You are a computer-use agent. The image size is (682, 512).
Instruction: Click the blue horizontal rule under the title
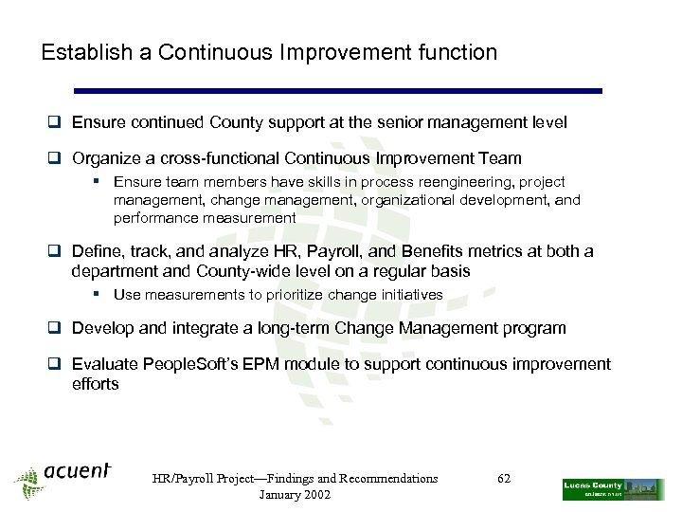pyautogui.click(x=337, y=91)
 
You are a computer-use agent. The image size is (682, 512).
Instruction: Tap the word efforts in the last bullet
pyautogui.click(x=96, y=384)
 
